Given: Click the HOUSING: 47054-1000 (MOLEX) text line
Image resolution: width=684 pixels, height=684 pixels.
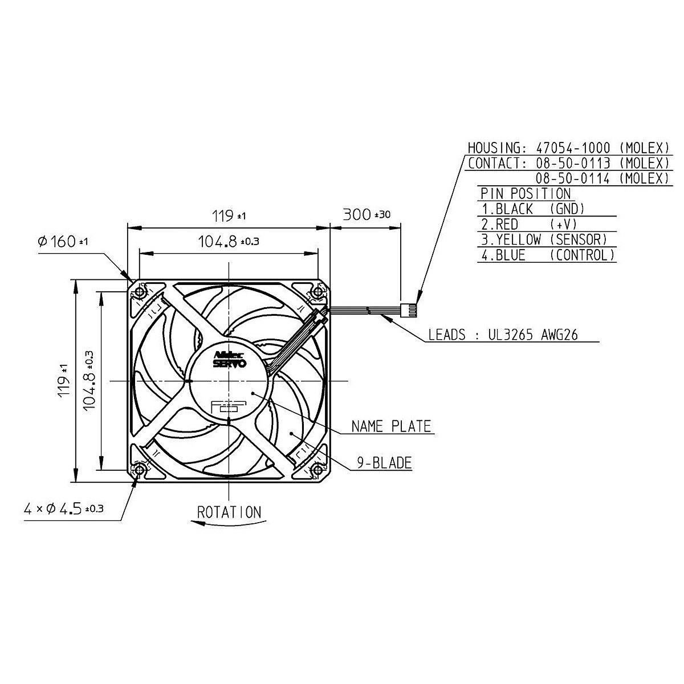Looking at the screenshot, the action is coord(567,148).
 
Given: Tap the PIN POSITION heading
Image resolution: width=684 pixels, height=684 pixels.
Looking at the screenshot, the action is coord(525,194).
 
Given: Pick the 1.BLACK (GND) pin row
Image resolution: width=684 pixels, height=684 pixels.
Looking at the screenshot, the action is coord(533,209).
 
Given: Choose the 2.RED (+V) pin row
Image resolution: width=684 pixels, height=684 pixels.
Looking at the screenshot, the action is coord(530,225).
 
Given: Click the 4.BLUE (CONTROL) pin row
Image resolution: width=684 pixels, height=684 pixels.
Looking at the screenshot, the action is coord(548,255).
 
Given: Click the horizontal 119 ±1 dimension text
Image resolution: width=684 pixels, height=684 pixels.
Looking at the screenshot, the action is coord(229,216).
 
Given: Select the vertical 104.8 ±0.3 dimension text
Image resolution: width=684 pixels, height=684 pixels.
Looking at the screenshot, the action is coord(89,380).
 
